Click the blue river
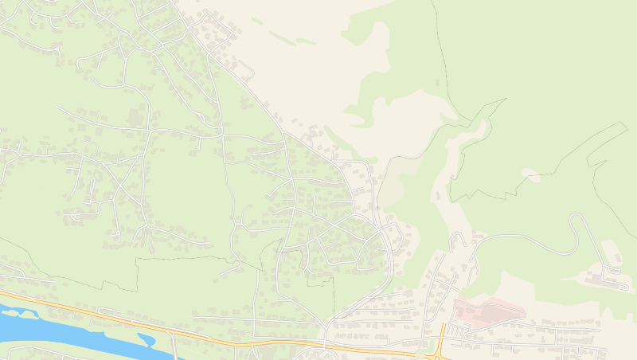tap(48, 323)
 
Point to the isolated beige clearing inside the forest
tap(531, 174)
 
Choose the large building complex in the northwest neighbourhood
tap(135, 119)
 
